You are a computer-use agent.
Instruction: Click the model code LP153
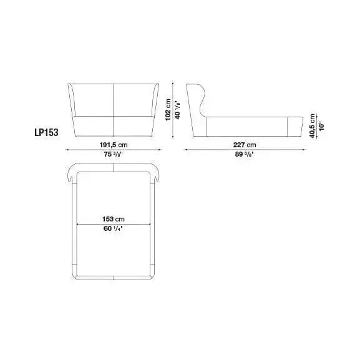pos(46,132)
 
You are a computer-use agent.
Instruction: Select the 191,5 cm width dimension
pos(113,145)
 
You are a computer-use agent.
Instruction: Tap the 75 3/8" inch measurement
pos(112,154)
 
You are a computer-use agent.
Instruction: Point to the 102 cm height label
pos(168,110)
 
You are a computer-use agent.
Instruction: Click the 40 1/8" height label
pos(178,110)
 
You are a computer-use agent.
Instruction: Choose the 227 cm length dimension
pos(245,145)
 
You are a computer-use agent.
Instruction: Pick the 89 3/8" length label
pos(245,154)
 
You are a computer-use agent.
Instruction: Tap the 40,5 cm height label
pos(312,126)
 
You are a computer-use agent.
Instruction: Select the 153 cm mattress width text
pos(114,219)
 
